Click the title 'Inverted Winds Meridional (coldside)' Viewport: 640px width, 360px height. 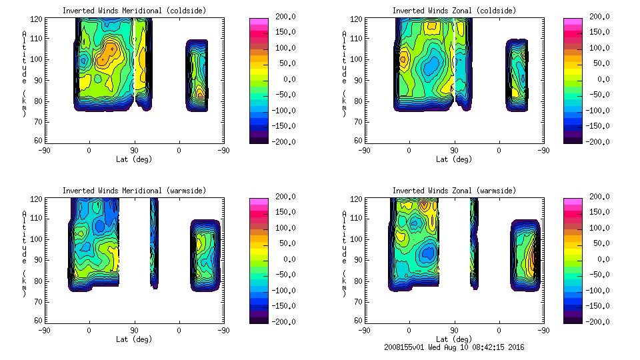coord(134,11)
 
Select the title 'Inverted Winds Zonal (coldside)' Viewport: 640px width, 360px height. coord(453,11)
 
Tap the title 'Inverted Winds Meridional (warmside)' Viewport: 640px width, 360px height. coord(134,191)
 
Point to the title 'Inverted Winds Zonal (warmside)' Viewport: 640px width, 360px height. coord(453,191)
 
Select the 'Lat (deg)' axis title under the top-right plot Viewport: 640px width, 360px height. coord(454,159)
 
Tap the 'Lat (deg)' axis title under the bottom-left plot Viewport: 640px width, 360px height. coord(134,339)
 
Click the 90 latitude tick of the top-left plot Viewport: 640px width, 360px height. coord(134,151)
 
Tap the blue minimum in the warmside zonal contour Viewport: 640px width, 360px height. coord(427,253)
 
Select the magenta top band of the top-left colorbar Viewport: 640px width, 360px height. coord(257,22)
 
